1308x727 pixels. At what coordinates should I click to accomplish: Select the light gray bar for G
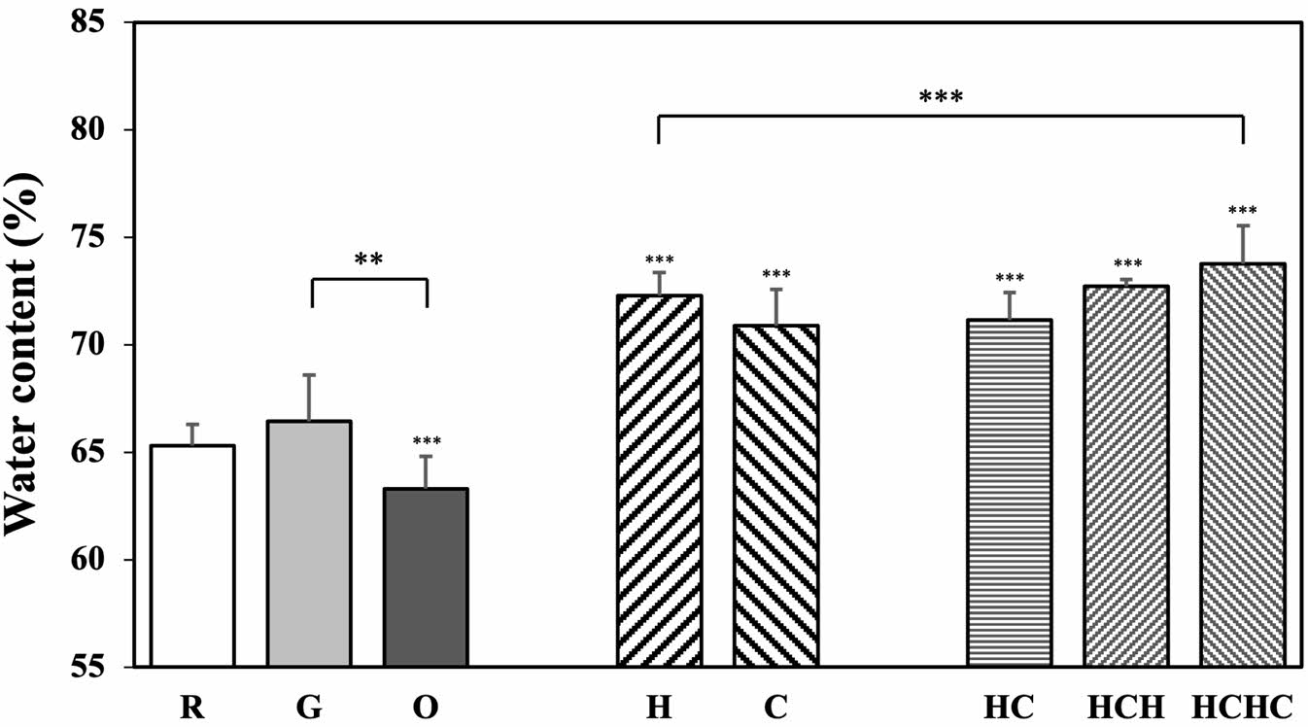[x=309, y=544]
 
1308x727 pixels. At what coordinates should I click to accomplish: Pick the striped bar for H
[x=659, y=481]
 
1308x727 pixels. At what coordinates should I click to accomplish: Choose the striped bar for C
[x=775, y=496]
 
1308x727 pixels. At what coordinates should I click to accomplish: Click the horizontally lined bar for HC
[x=1009, y=493]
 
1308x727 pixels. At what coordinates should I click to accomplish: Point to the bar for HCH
[x=1125, y=476]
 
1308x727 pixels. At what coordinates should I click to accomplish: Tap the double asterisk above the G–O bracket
[x=368, y=260]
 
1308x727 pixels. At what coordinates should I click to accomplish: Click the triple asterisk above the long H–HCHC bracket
[x=941, y=97]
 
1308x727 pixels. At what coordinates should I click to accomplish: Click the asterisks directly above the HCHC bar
[x=1242, y=211]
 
